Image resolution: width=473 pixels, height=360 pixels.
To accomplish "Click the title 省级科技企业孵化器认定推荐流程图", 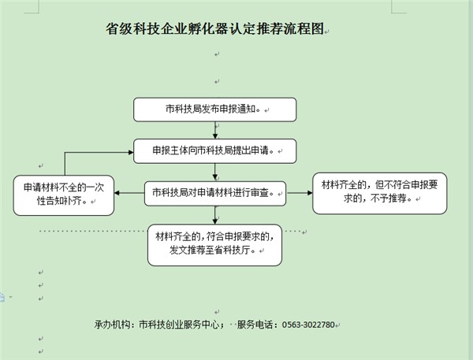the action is coord(214,29).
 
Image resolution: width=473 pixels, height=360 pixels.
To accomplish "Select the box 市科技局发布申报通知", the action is coord(214,109).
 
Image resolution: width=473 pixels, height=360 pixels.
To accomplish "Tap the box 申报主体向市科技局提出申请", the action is coord(214,151).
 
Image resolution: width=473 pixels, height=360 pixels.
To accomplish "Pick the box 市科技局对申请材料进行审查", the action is coord(214,194).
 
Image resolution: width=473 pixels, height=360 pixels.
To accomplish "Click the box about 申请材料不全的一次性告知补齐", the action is coord(64,195).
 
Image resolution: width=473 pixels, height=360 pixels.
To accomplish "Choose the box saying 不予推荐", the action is coord(379,193).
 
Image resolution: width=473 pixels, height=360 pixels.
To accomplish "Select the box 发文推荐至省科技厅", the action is coord(214,245).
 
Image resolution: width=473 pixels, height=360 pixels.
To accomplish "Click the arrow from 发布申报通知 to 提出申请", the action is coord(215,130).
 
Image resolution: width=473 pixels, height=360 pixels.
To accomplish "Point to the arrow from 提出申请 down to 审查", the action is coord(215,173).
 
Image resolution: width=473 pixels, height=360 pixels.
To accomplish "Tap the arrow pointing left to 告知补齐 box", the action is coord(129,193).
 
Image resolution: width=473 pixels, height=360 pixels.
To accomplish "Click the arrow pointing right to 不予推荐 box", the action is coord(300,193).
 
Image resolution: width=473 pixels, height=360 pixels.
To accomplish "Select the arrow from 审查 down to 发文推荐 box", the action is coord(215,215).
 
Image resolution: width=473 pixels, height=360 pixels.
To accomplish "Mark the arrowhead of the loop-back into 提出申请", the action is coord(131,152).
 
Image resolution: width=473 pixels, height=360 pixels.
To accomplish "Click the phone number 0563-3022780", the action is coord(308,325).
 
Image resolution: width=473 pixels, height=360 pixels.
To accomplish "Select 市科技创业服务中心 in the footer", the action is coord(179,325).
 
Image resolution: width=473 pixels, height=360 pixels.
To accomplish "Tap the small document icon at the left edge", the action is coord(2,297).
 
